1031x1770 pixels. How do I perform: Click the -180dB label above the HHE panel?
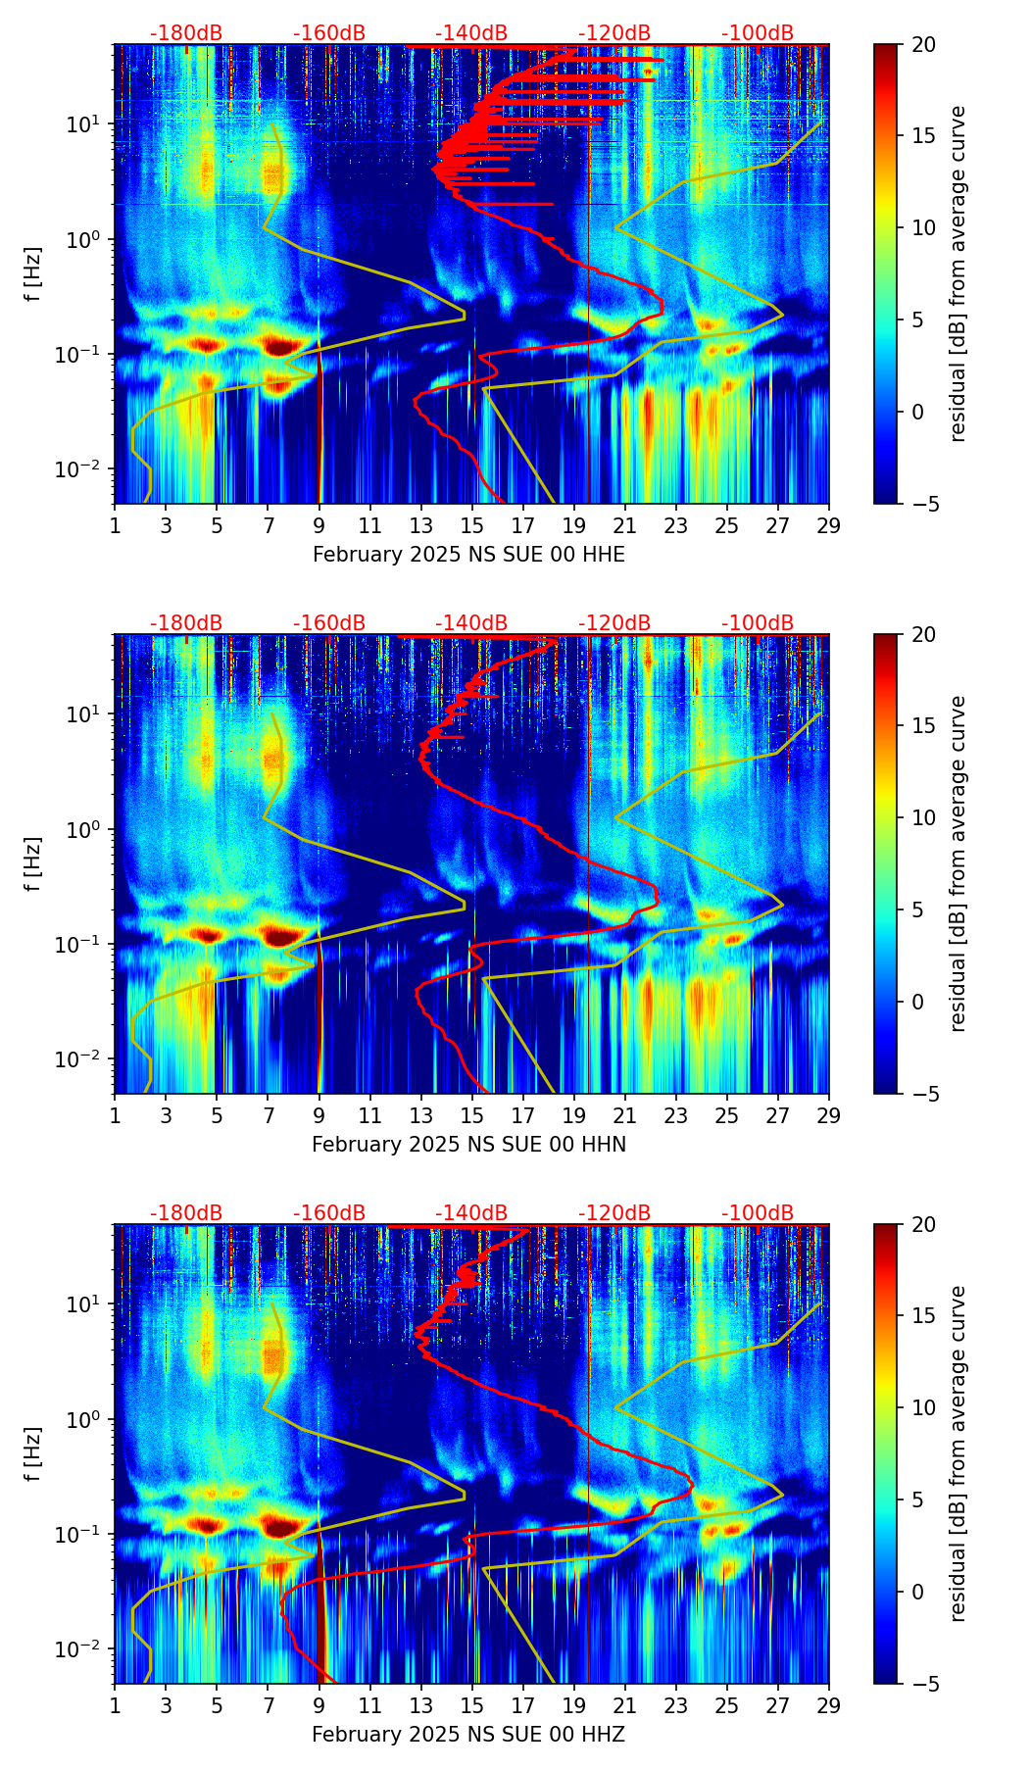186,33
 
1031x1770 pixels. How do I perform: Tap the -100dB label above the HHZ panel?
758,1213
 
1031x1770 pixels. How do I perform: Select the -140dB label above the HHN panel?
471,623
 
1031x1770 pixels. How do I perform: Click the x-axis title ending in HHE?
468,555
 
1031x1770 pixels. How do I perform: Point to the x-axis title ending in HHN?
468,1145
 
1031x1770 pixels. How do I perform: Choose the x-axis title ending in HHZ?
468,1735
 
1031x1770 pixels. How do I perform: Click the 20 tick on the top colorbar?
924,45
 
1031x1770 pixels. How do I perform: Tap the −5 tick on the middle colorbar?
923,1094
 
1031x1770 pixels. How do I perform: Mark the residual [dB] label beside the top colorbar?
958,273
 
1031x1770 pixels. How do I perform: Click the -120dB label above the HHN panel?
614,623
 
